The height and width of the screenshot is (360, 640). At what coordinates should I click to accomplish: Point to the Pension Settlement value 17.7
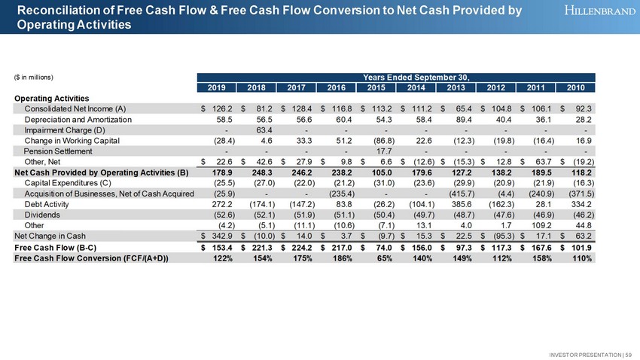[376, 150]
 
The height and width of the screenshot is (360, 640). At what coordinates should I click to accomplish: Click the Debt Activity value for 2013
[458, 203]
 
